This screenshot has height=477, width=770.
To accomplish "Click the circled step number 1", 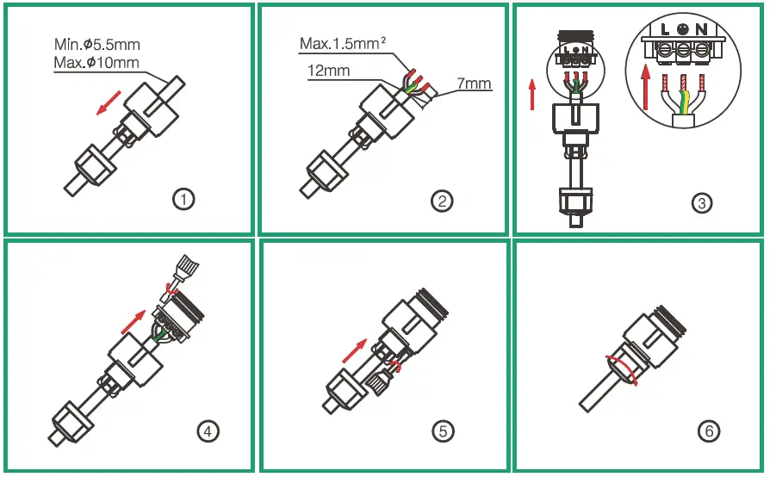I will [x=183, y=200].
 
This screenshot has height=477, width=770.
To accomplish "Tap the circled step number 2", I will [x=442, y=201].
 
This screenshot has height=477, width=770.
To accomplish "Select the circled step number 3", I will [x=702, y=203].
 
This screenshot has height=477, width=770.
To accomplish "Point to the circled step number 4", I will [x=208, y=431].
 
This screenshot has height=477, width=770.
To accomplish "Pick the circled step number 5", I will [x=442, y=431].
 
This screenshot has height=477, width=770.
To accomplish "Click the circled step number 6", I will [x=709, y=431].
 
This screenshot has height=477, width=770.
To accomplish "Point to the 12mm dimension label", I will [x=328, y=71].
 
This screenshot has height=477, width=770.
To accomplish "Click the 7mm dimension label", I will [x=475, y=84].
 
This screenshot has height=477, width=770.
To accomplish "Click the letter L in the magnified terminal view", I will [x=664, y=29].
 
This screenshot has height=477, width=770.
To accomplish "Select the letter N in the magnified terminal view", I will [x=702, y=29].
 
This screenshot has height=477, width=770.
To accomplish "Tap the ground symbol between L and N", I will [x=683, y=28].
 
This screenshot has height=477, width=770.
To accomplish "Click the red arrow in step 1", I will [x=108, y=104].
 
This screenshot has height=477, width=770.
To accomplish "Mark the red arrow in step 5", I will [x=356, y=350].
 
